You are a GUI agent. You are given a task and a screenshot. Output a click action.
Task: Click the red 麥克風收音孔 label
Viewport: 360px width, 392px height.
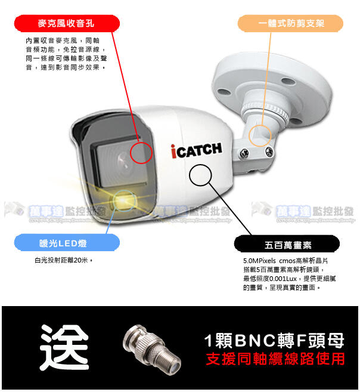pos(66,23)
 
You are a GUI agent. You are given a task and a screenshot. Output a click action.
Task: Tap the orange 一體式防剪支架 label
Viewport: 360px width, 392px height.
pos(291,23)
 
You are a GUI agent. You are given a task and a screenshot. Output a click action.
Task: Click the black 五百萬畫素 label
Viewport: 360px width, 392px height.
pos(287,245)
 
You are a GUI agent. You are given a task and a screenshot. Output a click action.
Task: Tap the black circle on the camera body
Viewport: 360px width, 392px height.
pos(200,176)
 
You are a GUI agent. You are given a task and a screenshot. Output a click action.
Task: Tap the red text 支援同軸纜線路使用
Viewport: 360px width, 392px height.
pos(275,359)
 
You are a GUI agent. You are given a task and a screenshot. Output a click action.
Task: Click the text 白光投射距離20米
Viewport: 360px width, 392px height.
pos(64,261)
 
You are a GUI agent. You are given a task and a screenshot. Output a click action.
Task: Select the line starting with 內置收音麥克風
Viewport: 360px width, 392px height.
pos(66,40)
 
